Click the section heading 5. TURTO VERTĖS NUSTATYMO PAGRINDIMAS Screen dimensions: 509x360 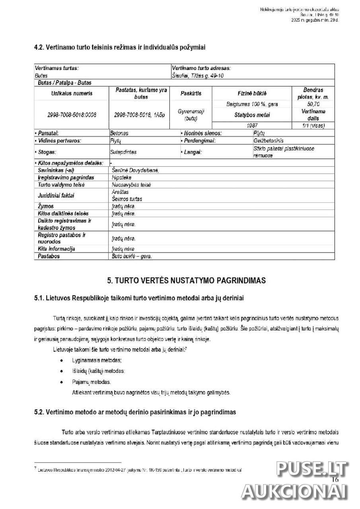[x=186, y=281]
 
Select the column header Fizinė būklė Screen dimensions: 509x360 [x=252, y=93]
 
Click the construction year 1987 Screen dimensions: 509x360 [x=252, y=125]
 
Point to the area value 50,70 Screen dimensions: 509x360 [x=313, y=104]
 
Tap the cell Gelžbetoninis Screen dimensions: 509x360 [x=269, y=141]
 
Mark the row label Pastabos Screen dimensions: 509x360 [x=49, y=256]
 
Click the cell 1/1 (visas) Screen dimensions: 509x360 [x=313, y=125]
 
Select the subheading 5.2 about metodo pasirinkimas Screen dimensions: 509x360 [x=135, y=412]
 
